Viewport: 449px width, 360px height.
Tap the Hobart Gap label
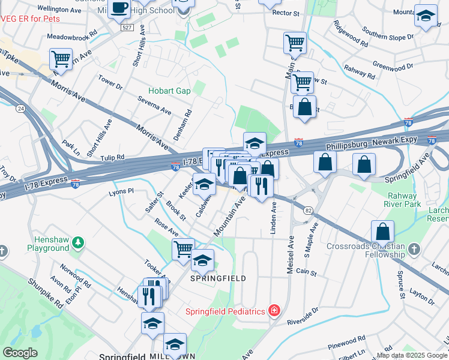(169, 91)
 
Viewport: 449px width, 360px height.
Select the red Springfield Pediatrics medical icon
(274, 311)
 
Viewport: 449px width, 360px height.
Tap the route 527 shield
(126, 28)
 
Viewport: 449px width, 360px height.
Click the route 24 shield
(20, 109)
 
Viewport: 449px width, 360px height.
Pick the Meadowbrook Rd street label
(72, 36)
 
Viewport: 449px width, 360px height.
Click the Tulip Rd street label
(112, 158)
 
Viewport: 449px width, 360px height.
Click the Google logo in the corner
(20, 353)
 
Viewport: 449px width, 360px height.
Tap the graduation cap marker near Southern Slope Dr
(426, 17)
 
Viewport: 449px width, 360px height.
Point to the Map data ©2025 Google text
(412, 355)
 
